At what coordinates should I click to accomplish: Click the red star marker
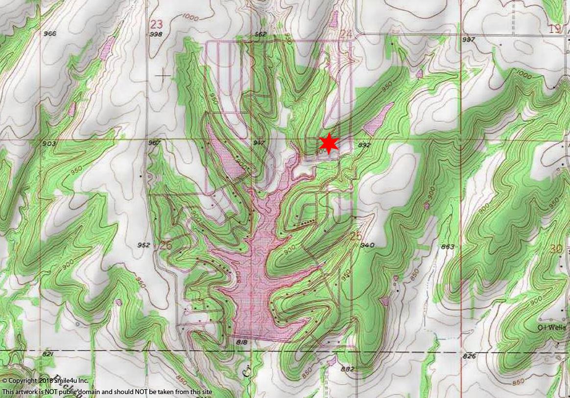point(329,142)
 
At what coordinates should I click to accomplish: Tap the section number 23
point(156,24)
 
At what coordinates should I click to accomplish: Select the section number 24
point(347,34)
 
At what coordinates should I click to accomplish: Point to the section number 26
point(166,245)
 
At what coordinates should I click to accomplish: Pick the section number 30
point(556,249)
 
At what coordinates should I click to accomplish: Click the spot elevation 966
point(49,34)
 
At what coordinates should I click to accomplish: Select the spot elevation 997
point(468,39)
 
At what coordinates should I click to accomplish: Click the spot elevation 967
point(154,143)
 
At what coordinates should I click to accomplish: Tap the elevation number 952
point(143,245)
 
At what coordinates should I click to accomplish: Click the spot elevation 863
point(448,246)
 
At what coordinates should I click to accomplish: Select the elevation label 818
point(241,342)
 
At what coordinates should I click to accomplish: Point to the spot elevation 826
point(469,356)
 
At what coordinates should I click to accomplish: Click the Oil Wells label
point(551,327)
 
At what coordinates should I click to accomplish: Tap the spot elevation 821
point(47,354)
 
